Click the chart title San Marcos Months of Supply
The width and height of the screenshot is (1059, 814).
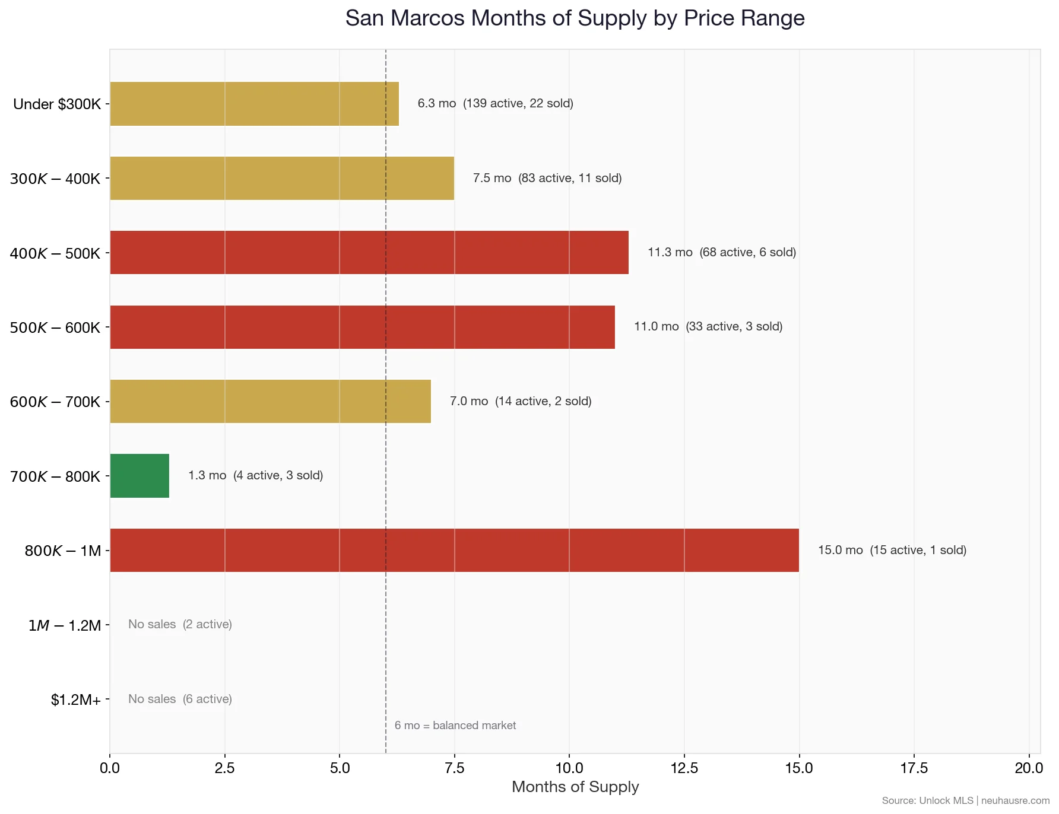pos(575,18)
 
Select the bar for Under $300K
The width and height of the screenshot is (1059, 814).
pos(254,104)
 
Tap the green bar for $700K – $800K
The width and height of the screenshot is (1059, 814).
pos(139,476)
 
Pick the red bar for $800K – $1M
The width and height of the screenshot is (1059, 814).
pos(454,551)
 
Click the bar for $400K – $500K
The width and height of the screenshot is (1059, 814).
pos(369,253)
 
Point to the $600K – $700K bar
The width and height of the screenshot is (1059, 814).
pos(270,402)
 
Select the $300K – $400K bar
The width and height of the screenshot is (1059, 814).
pos(282,179)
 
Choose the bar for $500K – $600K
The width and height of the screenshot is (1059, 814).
pos(362,327)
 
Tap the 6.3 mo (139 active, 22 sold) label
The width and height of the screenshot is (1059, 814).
pos(495,104)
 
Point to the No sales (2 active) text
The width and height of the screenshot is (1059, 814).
pos(180,625)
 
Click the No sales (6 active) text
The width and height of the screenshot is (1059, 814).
pos(180,699)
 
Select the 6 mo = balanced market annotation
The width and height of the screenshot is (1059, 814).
pos(455,726)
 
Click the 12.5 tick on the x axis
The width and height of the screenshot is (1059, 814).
pos(684,768)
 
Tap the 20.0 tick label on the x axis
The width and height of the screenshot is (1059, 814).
pos(1028,768)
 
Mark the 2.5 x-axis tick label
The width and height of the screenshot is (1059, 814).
pos(224,768)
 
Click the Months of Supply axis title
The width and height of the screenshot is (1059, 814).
pos(575,787)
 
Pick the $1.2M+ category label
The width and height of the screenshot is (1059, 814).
pos(75,700)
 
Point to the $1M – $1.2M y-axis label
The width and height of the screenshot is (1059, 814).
pos(65,626)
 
